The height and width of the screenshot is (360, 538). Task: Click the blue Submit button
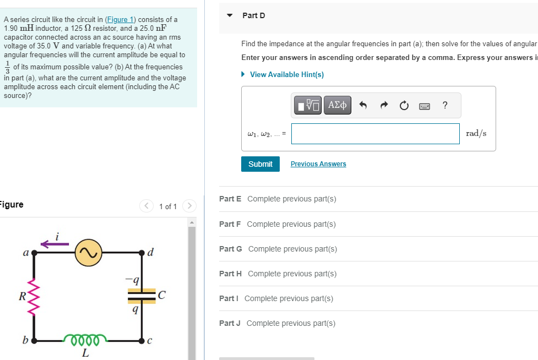(260, 164)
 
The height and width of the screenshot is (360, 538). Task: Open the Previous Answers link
(318, 164)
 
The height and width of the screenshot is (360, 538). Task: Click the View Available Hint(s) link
(286, 74)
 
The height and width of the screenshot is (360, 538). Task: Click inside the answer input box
(375, 134)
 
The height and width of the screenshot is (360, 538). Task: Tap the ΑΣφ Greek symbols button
(337, 105)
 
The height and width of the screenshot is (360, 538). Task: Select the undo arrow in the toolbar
(363, 105)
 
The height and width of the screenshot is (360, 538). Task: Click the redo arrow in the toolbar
(384, 105)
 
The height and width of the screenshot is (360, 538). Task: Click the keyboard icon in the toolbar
(424, 105)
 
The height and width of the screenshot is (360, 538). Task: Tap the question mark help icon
(444, 105)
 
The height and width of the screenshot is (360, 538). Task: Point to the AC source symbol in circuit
(88, 252)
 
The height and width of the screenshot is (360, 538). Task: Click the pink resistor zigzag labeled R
(35, 296)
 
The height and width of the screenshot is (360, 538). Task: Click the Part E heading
(230, 199)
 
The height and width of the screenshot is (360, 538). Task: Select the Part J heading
(230, 323)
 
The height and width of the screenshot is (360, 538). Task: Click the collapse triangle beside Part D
(230, 15)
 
